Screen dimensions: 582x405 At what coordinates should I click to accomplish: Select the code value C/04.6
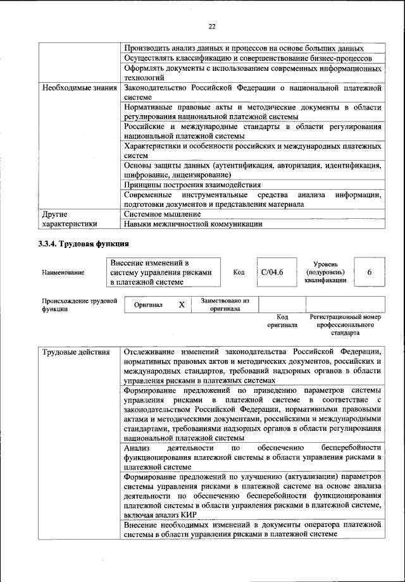click(272, 272)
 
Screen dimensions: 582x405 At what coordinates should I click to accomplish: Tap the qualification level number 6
click(369, 272)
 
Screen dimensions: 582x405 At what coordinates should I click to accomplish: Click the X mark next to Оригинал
click(182, 305)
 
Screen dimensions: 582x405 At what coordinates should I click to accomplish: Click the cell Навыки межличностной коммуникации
click(193, 224)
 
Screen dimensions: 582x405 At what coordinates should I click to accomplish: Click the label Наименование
click(63, 273)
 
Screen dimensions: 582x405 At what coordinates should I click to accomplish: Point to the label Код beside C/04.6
click(239, 273)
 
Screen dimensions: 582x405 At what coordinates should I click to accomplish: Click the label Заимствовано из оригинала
click(225, 305)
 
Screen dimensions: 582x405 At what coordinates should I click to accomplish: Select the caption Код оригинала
click(282, 321)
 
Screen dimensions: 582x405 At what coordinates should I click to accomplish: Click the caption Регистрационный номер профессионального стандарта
click(345, 324)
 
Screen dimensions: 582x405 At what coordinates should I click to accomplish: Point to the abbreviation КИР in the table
click(189, 515)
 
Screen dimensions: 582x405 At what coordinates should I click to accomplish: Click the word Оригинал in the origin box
click(148, 305)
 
